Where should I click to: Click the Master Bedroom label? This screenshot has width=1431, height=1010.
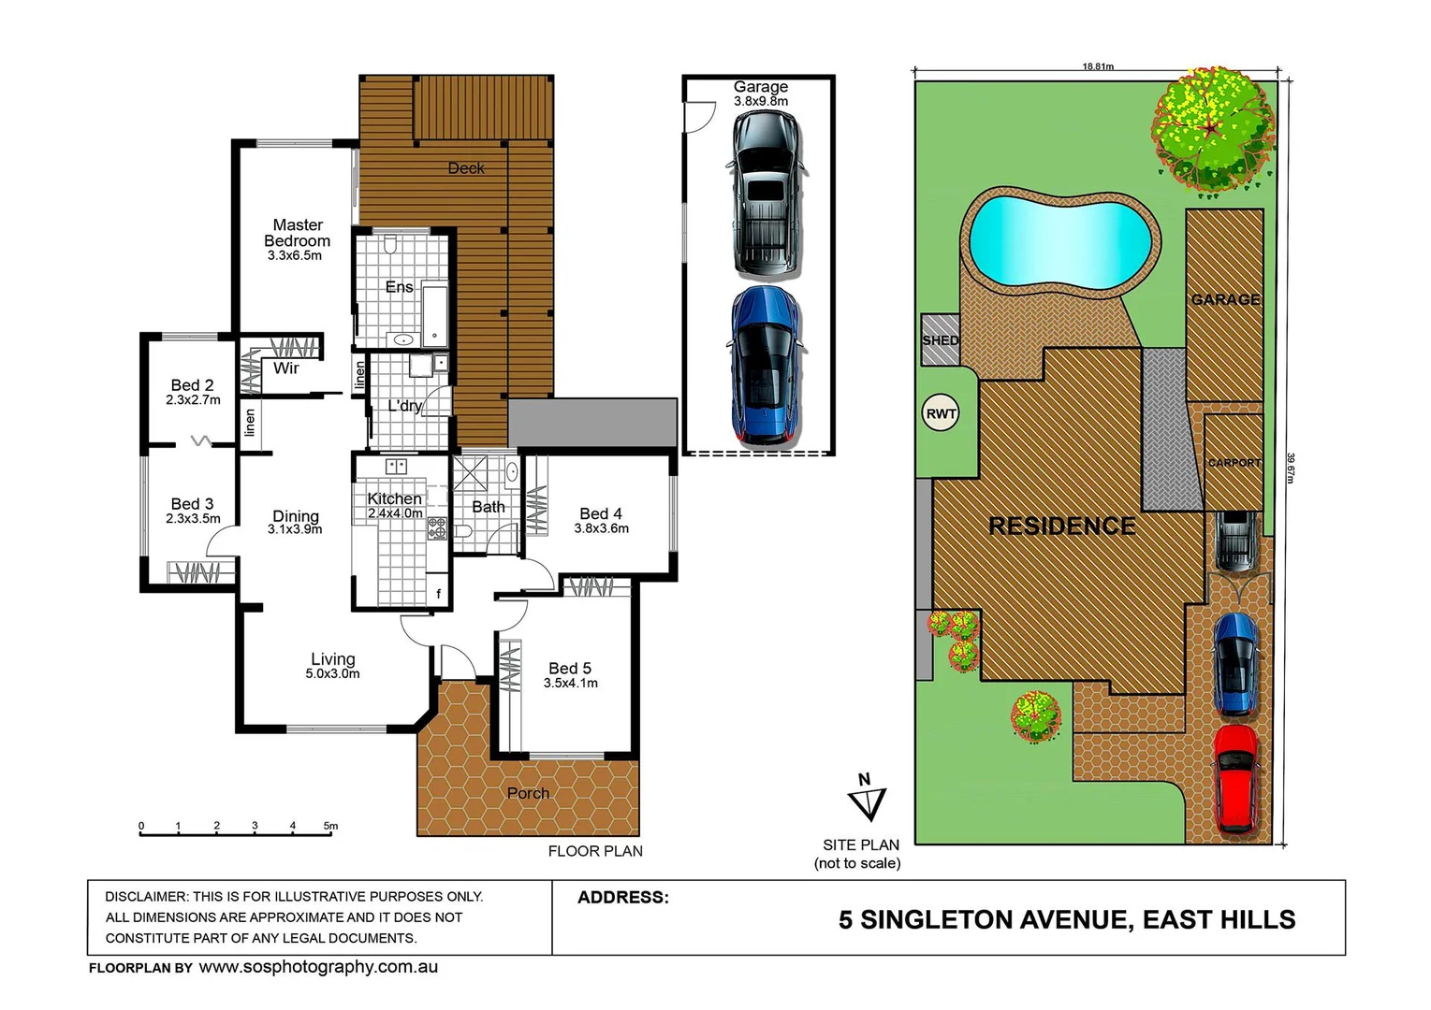click(x=297, y=233)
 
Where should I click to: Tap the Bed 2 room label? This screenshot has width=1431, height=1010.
click(x=192, y=385)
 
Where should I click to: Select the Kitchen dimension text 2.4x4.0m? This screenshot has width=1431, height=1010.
click(x=395, y=513)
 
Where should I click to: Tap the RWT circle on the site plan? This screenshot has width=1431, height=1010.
click(x=941, y=413)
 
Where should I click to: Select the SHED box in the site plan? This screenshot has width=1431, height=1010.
click(x=940, y=339)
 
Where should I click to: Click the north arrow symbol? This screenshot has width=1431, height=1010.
click(x=867, y=800)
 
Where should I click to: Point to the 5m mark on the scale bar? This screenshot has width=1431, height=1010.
click(x=330, y=827)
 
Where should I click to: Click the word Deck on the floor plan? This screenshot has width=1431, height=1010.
click(x=466, y=168)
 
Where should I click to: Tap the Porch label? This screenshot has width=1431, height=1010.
click(x=528, y=793)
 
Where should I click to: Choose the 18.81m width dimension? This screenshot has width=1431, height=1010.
click(x=1098, y=66)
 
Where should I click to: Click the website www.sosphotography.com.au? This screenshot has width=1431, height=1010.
click(x=318, y=967)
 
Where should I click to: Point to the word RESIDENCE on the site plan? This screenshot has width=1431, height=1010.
click(x=1062, y=527)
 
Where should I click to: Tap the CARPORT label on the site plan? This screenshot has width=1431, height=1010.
click(x=1234, y=463)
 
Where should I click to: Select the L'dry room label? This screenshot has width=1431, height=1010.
click(x=404, y=406)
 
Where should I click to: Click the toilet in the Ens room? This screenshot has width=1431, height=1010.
click(x=390, y=245)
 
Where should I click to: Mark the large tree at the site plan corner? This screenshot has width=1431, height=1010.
click(x=1213, y=128)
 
